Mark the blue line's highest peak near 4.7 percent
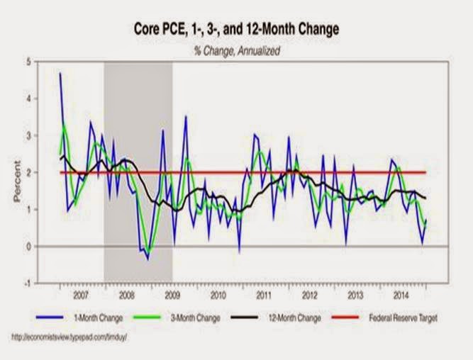(60, 73)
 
